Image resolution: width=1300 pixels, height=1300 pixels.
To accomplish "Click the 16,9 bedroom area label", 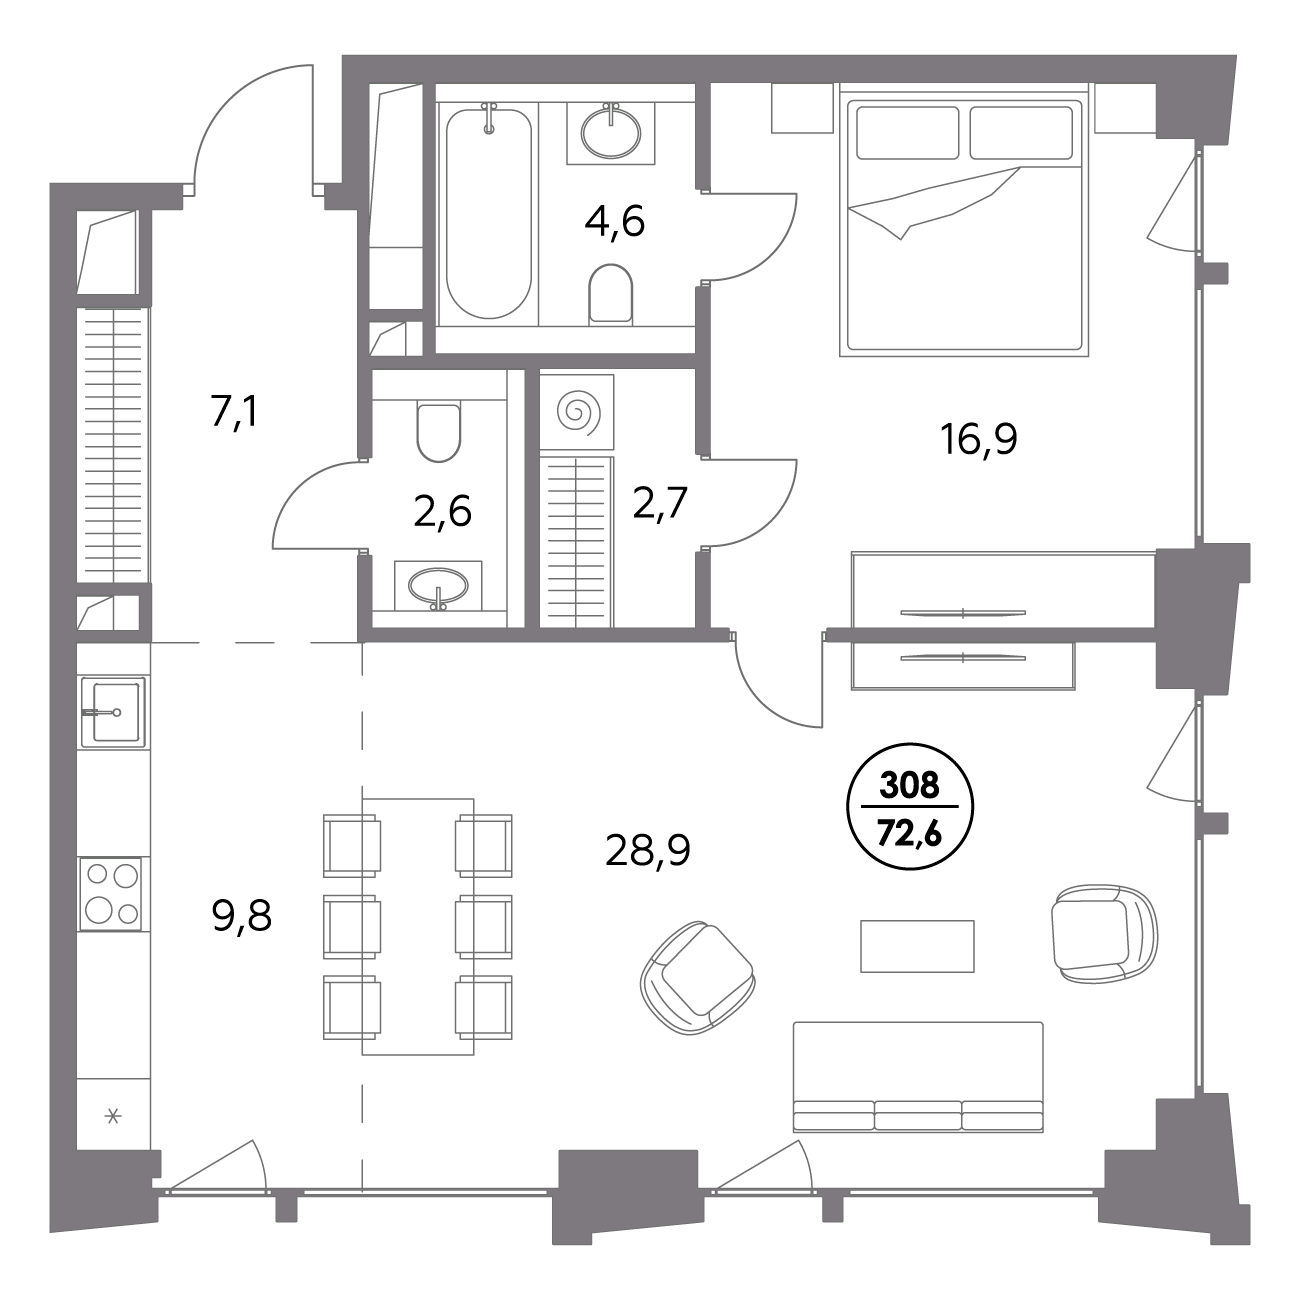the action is click(x=978, y=439).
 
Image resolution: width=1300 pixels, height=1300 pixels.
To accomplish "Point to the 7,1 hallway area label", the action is click(x=233, y=412).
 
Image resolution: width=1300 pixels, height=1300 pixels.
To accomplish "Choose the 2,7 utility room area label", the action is click(x=660, y=503).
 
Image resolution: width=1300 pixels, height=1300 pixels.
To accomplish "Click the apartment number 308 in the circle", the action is click(x=909, y=785).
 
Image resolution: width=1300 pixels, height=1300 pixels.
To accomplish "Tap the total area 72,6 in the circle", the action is click(x=909, y=837).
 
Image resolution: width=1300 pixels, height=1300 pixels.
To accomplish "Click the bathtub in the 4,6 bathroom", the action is click(x=489, y=212).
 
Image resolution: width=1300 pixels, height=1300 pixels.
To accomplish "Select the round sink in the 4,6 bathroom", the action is click(x=611, y=131).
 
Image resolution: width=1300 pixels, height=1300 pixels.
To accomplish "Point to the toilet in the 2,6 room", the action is click(x=439, y=432).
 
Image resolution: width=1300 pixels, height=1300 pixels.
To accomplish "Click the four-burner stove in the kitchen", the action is click(x=111, y=894).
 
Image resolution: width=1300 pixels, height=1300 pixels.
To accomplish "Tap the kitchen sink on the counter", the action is click(x=113, y=712).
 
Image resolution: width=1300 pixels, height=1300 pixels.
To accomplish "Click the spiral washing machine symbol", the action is click(x=577, y=412).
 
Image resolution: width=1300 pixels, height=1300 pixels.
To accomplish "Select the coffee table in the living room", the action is click(x=917, y=946).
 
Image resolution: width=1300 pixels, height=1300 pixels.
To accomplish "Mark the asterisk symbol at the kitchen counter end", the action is click(x=113, y=1117).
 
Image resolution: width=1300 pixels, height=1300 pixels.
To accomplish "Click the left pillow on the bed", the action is click(x=907, y=133).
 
